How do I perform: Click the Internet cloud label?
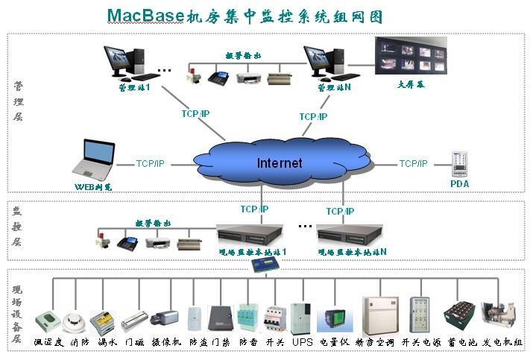(280, 162)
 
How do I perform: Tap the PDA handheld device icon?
(459, 164)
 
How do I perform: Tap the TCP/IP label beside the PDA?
(413, 163)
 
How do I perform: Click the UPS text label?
(302, 342)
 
